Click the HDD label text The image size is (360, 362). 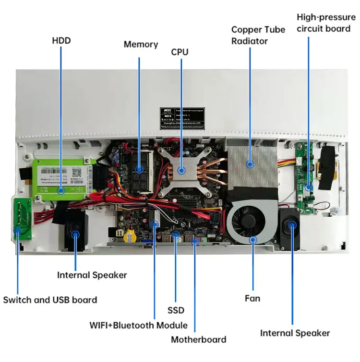pyautogui.click(x=61, y=40)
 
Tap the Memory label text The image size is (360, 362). pyautogui.click(x=141, y=44)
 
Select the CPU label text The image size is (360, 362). pyautogui.click(x=180, y=51)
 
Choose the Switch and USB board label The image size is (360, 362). pyautogui.click(x=50, y=300)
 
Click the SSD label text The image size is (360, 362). pyautogui.click(x=176, y=310)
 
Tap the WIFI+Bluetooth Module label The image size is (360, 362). pyautogui.click(x=138, y=325)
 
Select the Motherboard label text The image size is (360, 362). pyautogui.click(x=198, y=339)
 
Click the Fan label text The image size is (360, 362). pyautogui.click(x=252, y=298)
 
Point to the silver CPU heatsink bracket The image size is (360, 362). pyautogui.click(x=181, y=169)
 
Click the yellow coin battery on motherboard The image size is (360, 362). pyautogui.click(x=130, y=235)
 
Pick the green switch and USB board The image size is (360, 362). pyautogui.click(x=21, y=219)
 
